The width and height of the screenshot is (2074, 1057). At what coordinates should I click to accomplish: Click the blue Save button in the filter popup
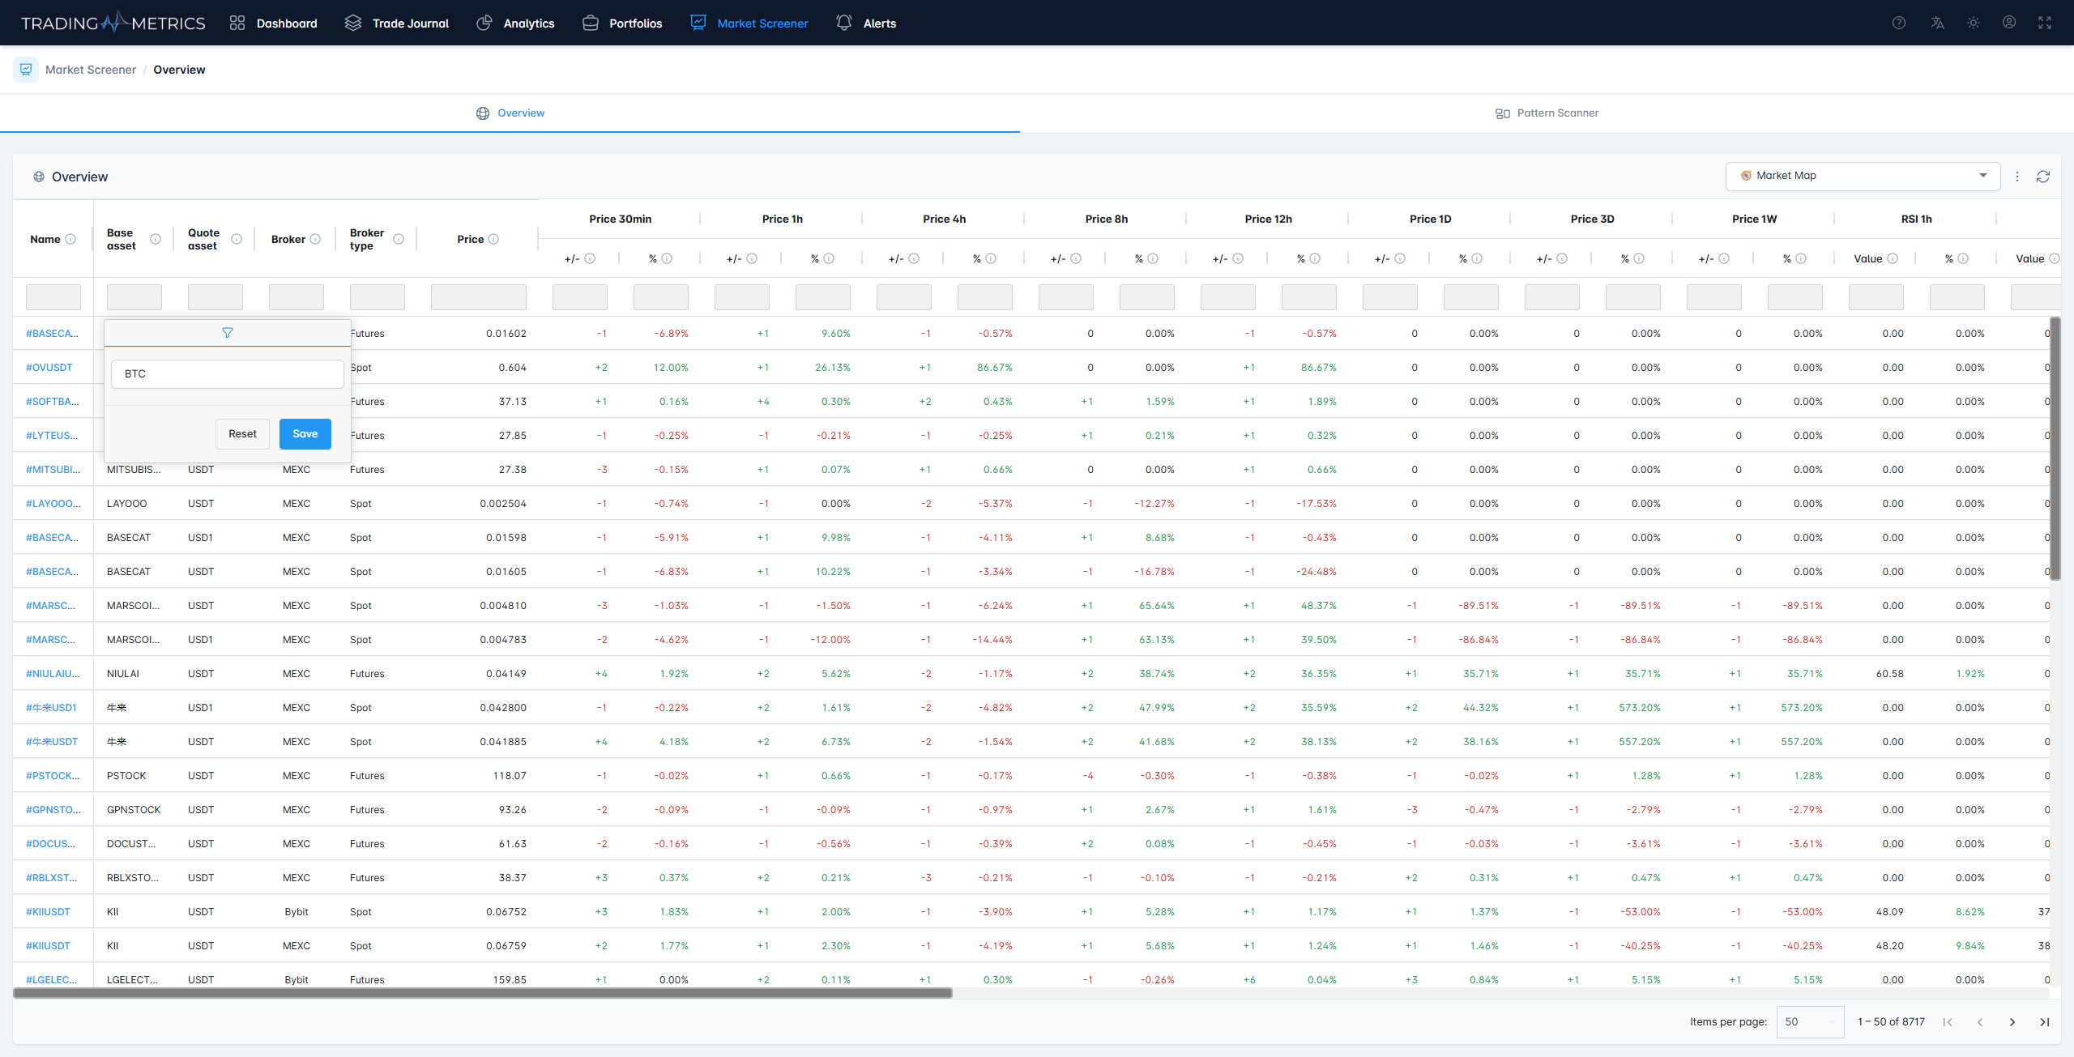(x=305, y=434)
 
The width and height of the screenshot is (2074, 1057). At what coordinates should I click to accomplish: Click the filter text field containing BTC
(x=227, y=374)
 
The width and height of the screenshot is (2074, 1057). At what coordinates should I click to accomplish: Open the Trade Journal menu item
(x=396, y=23)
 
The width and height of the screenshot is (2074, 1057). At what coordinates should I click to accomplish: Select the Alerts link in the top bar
(x=866, y=23)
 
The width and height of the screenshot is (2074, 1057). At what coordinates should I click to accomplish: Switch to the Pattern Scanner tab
(x=1547, y=113)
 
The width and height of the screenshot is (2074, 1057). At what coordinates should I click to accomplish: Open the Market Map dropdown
(x=1863, y=176)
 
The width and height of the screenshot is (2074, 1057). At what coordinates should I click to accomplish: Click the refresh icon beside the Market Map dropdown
(x=2043, y=177)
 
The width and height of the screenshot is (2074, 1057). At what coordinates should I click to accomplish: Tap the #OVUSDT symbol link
(x=49, y=368)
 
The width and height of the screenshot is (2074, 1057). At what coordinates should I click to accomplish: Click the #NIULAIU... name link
(x=53, y=674)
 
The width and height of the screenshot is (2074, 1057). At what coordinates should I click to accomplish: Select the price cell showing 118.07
(x=510, y=776)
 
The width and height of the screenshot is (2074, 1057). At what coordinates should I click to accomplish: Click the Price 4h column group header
(x=944, y=219)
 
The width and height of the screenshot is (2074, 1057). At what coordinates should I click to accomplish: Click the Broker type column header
(x=367, y=239)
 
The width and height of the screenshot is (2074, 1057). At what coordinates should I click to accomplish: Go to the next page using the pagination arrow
(x=2012, y=1022)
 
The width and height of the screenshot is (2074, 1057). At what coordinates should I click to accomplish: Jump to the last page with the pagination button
(x=2045, y=1022)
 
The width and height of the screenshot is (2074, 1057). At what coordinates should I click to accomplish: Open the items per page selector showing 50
(x=1810, y=1022)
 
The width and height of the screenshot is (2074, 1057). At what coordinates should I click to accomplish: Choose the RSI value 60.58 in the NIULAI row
(x=1890, y=674)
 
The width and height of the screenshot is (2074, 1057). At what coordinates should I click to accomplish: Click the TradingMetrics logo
(x=113, y=23)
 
